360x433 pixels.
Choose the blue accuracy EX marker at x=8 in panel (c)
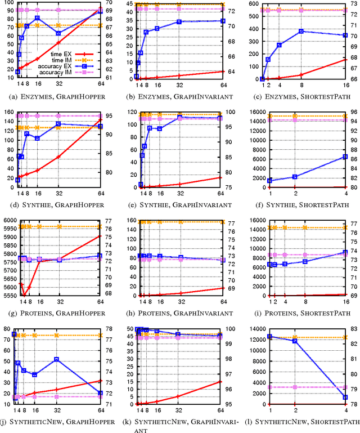pos(301,31)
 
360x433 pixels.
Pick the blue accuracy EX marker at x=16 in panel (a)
pos(37,18)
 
